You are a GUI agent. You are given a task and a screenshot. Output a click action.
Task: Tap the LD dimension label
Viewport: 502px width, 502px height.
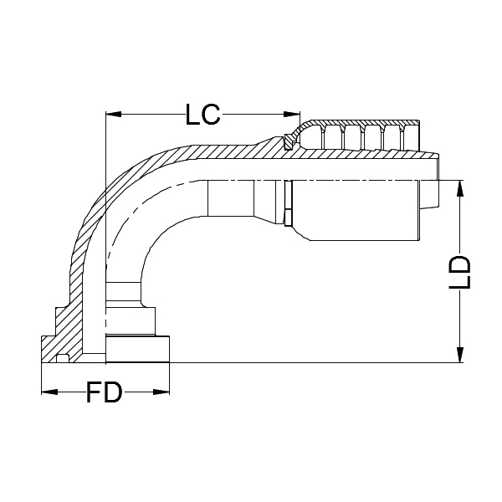(x=459, y=272)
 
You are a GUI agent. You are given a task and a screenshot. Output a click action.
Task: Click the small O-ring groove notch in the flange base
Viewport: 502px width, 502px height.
(x=63, y=359)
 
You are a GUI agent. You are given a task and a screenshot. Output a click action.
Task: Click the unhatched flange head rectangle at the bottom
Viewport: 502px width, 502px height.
(x=138, y=349)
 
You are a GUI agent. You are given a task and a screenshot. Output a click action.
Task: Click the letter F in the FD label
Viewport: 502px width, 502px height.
(x=95, y=392)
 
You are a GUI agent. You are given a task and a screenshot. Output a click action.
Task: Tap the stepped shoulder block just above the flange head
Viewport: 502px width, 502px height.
(x=130, y=319)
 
